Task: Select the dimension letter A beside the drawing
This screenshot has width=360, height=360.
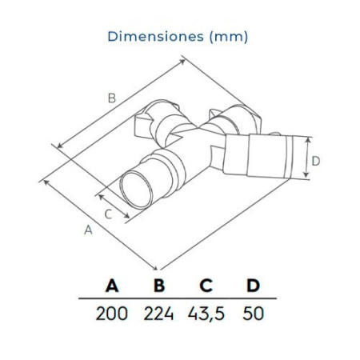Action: pyautogui.click(x=88, y=230)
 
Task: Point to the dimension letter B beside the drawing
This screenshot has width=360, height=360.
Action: pyautogui.click(x=113, y=98)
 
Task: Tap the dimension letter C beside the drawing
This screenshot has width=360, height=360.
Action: pyautogui.click(x=108, y=213)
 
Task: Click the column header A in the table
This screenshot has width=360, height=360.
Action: pyautogui.click(x=112, y=286)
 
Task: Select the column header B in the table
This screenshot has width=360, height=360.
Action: pyautogui.click(x=159, y=286)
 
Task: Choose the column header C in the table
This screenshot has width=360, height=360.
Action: pyautogui.click(x=206, y=286)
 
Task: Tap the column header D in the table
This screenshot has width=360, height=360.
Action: pyautogui.click(x=253, y=286)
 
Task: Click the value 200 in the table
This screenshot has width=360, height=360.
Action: pyautogui.click(x=112, y=312)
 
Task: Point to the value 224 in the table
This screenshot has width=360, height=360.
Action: pyautogui.click(x=159, y=312)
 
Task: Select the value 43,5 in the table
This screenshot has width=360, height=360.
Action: pyautogui.click(x=206, y=312)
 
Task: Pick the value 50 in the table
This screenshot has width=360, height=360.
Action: pyautogui.click(x=253, y=312)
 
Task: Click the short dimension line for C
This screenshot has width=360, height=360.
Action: pyautogui.click(x=114, y=204)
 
